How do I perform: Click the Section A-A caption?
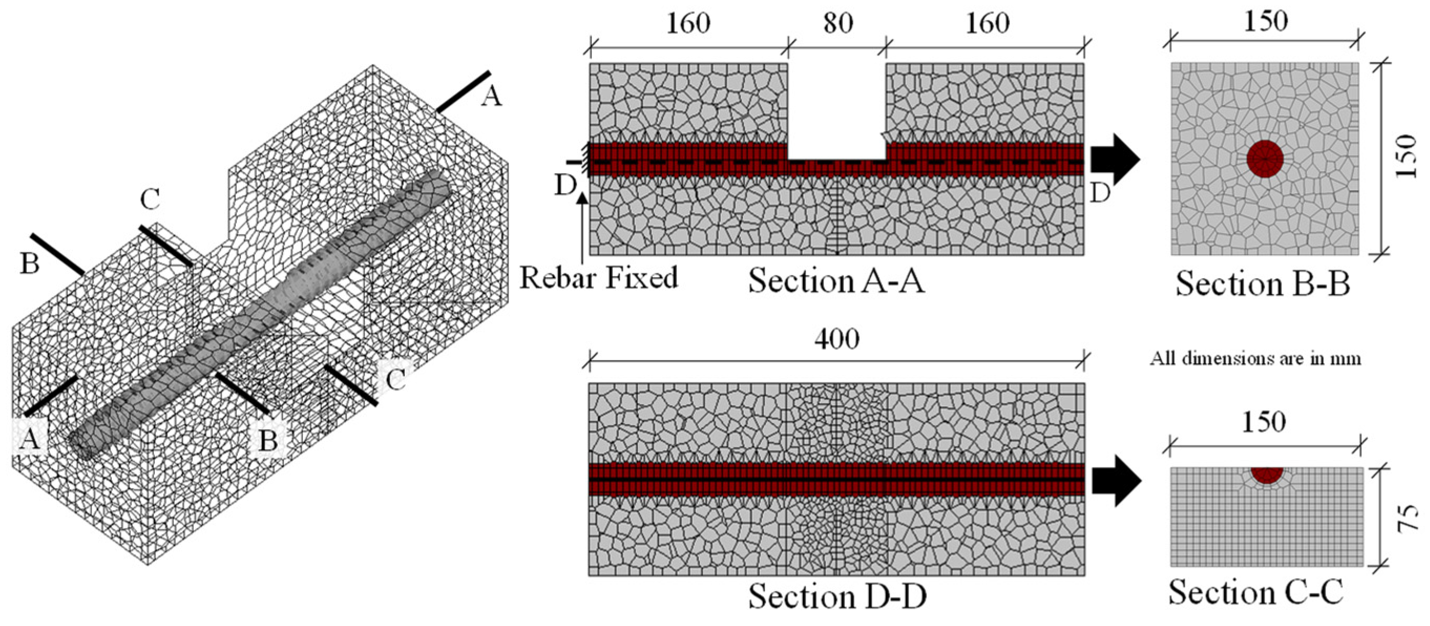(x=836, y=280)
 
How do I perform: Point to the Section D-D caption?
(x=837, y=597)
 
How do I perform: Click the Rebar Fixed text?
(x=598, y=278)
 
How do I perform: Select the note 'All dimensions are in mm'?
(x=1255, y=358)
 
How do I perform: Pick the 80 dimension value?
(x=838, y=23)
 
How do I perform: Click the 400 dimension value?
(x=837, y=338)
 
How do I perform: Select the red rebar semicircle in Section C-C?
(x=1267, y=474)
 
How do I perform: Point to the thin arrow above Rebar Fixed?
(x=581, y=228)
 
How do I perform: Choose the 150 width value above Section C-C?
(x=1264, y=422)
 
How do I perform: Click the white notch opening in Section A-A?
(x=837, y=111)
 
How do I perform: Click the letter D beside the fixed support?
(x=565, y=186)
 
